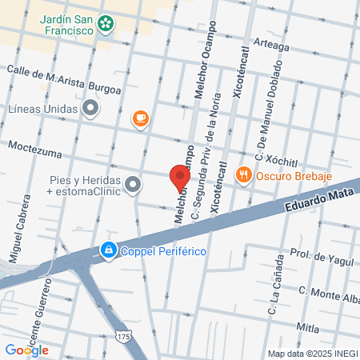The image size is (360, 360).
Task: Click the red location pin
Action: (179, 177)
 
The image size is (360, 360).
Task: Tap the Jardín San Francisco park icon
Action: (105, 23)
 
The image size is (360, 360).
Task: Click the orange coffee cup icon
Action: (140, 119)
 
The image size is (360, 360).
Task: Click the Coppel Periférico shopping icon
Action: (106, 251)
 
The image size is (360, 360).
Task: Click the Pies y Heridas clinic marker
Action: (133, 185)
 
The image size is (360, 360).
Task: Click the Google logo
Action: (26, 350)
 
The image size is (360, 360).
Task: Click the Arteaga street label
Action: (271, 46)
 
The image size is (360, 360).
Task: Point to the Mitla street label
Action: (307, 327)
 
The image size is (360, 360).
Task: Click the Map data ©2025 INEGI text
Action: (312, 353)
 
